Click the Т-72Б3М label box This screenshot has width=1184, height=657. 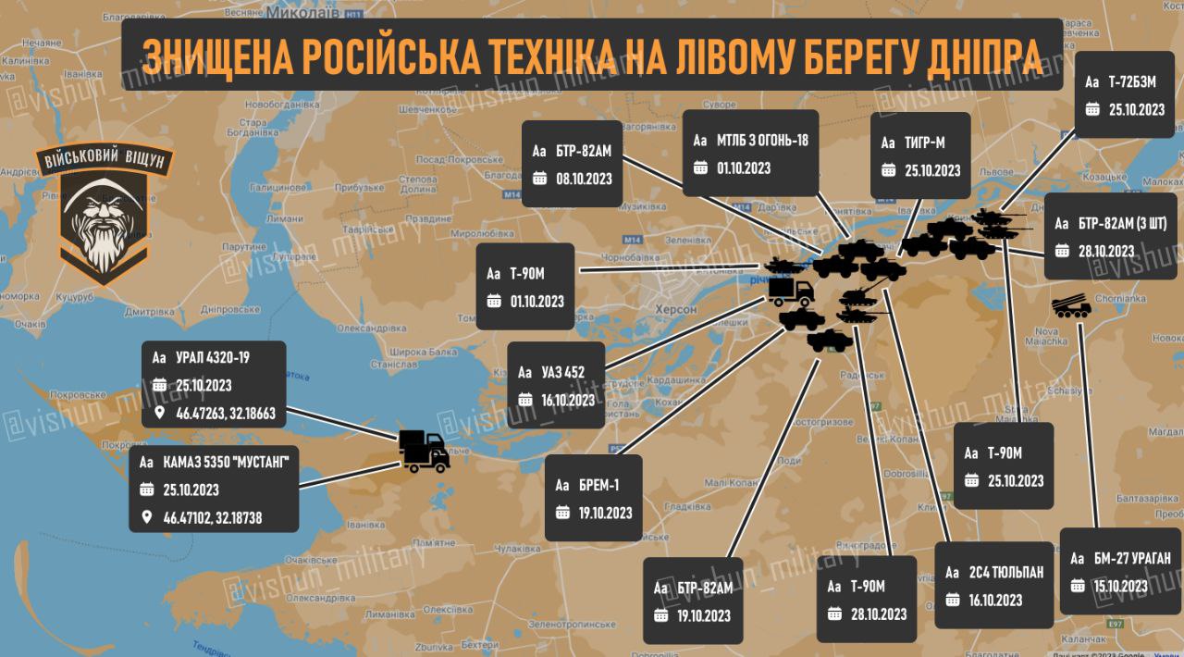pos(1125,94)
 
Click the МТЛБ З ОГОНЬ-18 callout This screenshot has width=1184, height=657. pos(750,154)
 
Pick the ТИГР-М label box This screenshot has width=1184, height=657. pos(920,155)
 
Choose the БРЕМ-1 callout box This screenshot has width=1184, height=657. pos(593,498)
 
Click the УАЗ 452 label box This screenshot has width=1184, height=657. pos(556,386)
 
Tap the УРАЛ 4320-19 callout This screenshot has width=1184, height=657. pos(214,384)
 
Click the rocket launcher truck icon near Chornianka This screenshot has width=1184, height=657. pos(1072,307)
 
